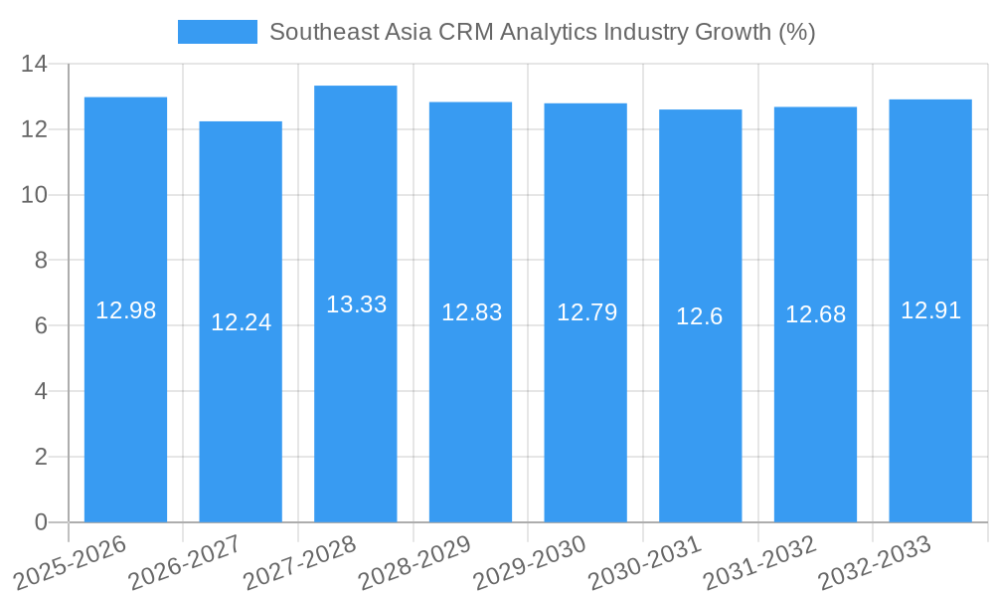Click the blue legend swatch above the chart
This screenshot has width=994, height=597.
click(x=217, y=32)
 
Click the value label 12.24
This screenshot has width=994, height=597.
click(x=241, y=322)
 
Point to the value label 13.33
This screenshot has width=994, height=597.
click(x=356, y=304)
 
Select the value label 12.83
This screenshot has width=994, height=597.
click(x=471, y=312)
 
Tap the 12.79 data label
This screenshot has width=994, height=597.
click(x=586, y=312)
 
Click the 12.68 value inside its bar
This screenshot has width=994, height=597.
click(x=815, y=314)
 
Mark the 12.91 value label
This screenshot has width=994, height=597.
click(x=930, y=310)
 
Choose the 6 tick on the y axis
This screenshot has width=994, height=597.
click(x=41, y=325)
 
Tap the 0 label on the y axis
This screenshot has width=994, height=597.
click(x=41, y=521)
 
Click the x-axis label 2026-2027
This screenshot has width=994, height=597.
click(x=186, y=562)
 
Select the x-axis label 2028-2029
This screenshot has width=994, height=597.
click(x=415, y=562)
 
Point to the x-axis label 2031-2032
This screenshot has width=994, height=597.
click(x=760, y=562)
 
